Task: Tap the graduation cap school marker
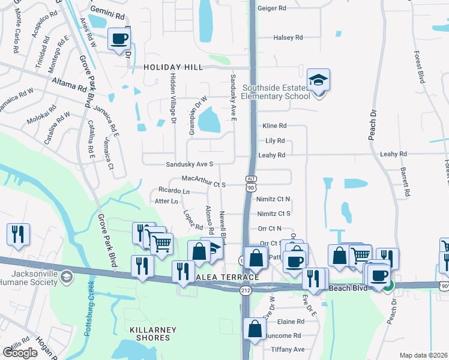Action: pos(318,80)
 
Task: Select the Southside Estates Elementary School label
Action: pos(276,92)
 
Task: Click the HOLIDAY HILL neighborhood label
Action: pos(173,68)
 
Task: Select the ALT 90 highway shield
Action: pos(251,183)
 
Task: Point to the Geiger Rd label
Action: pos(272,8)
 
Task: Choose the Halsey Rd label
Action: pos(288,38)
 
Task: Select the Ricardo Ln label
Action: pos(173,191)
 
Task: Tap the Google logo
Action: pos(20,353)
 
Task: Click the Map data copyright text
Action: pos(423,355)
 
